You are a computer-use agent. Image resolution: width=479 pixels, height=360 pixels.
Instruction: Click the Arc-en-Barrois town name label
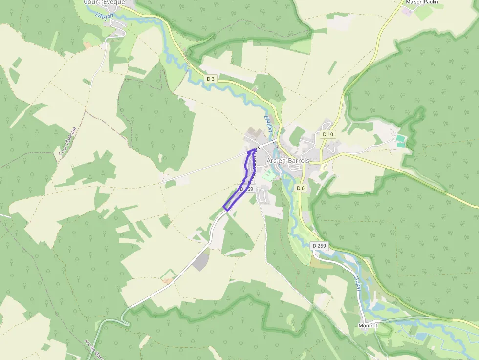[288, 161]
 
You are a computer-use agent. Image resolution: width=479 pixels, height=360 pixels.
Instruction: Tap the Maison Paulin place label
[422, 2]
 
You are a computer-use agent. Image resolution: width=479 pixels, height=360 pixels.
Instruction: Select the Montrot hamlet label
[368, 325]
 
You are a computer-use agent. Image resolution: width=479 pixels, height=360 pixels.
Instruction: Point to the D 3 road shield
[211, 79]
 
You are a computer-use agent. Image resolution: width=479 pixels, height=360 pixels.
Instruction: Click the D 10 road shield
[327, 134]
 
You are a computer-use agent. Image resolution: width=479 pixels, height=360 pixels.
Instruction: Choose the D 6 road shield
[301, 188]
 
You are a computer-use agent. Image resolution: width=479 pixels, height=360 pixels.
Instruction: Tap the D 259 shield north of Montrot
[319, 245]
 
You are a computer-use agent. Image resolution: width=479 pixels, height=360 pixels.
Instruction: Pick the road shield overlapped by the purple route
[247, 189]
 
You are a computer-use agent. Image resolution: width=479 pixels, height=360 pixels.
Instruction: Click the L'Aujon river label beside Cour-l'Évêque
[105, 16]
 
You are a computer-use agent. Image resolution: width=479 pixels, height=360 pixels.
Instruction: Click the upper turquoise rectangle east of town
[400, 138]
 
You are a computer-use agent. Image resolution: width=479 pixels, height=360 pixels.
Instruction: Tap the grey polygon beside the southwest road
[200, 262]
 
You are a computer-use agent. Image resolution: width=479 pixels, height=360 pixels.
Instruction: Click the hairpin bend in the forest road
[126, 322]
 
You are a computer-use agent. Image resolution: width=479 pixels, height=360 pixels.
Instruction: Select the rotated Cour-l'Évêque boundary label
[67, 142]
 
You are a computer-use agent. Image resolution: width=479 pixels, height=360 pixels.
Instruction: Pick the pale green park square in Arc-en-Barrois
[269, 174]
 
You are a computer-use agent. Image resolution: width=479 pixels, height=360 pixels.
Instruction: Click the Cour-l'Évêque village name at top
[104, 2]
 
